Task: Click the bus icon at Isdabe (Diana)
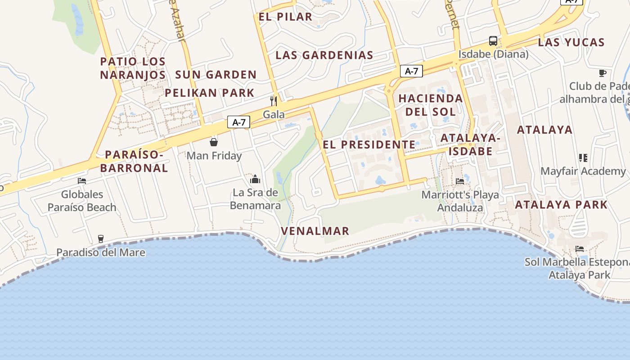(x=493, y=41)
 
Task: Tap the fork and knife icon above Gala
(x=273, y=100)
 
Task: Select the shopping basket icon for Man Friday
(x=214, y=142)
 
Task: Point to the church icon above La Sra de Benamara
(x=255, y=179)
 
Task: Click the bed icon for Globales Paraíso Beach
(x=82, y=181)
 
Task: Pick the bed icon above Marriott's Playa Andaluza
(x=460, y=181)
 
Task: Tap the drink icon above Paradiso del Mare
(x=101, y=238)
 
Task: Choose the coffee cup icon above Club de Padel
(x=603, y=73)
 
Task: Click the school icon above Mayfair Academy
(x=583, y=157)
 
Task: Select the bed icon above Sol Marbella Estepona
(x=580, y=248)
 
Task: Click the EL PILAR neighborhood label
(x=285, y=17)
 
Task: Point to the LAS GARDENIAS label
(x=324, y=55)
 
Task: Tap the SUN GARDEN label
(x=216, y=75)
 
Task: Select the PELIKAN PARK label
(x=210, y=93)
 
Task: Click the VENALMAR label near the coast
(x=315, y=231)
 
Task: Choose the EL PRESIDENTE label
(x=369, y=145)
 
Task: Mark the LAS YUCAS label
(x=571, y=43)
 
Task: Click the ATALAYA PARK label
(x=561, y=205)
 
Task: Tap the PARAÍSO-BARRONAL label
(x=134, y=162)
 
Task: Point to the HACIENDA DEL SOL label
(x=430, y=105)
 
